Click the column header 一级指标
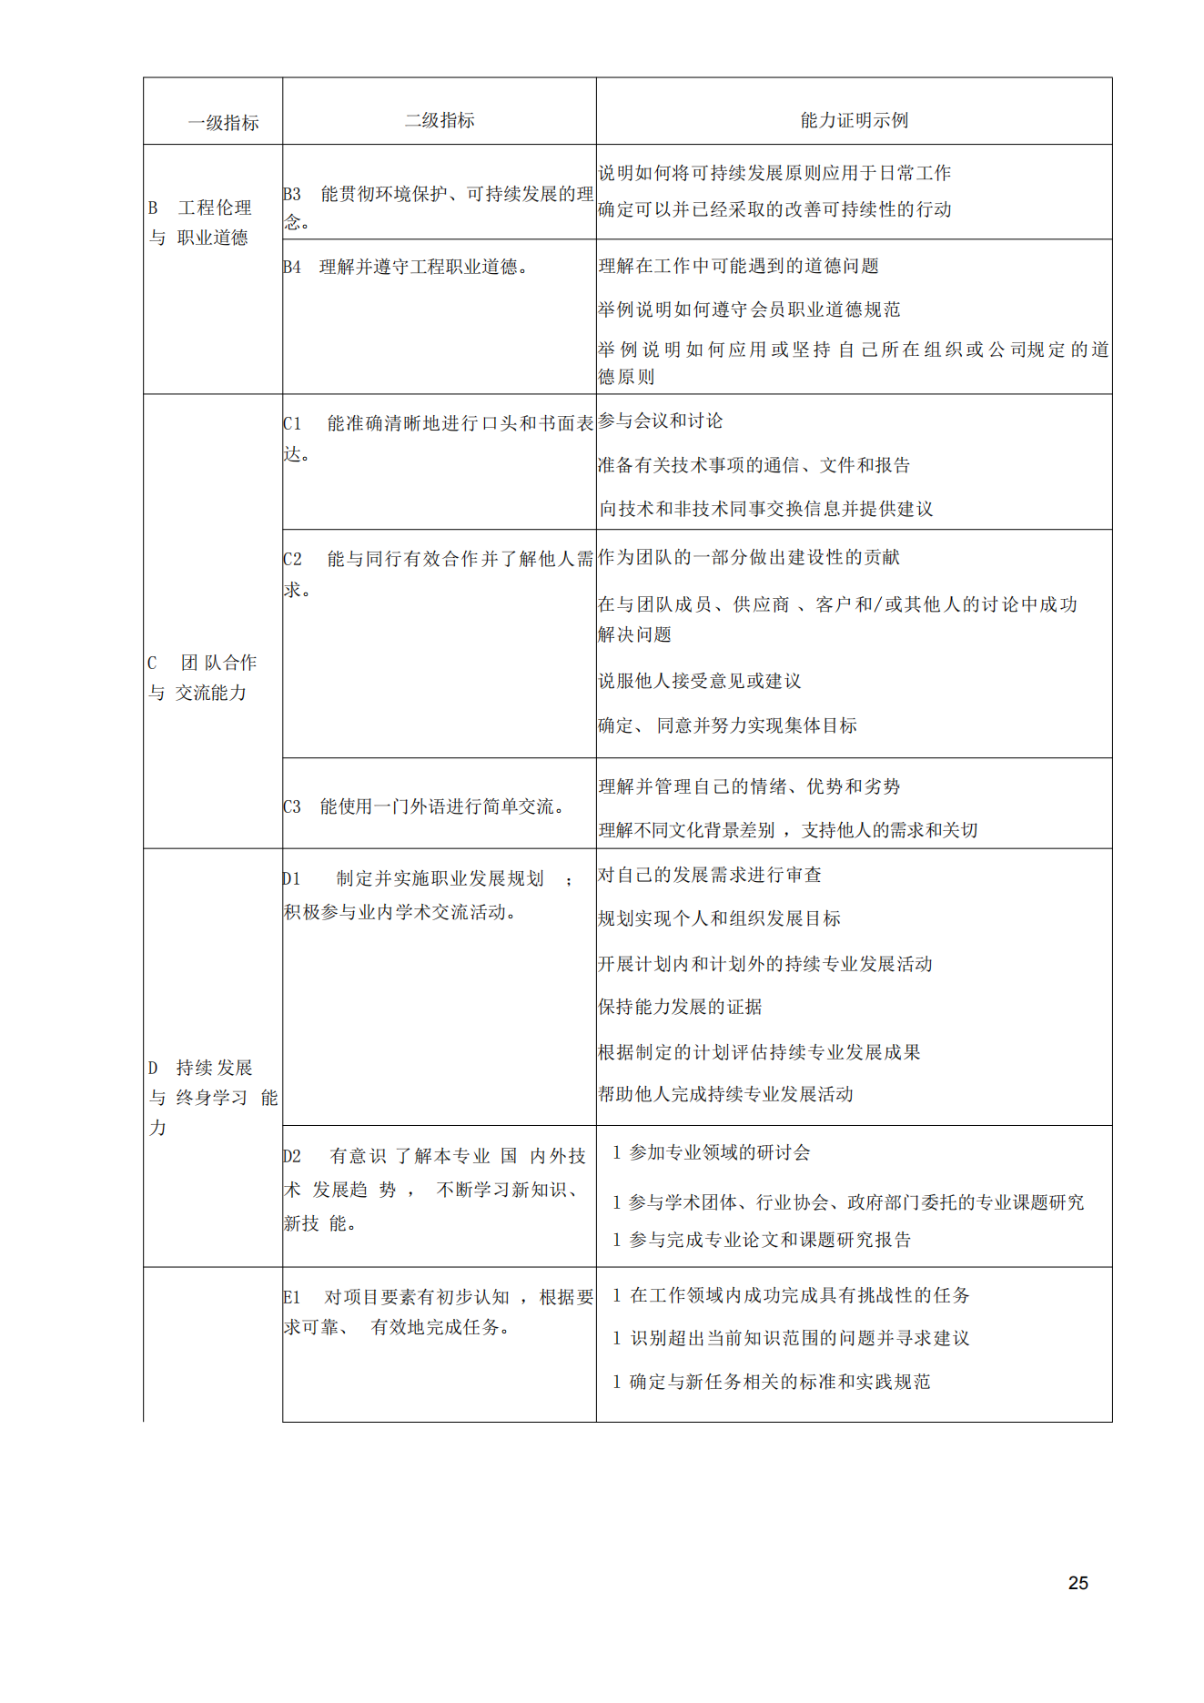pyautogui.click(x=223, y=123)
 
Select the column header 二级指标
pyautogui.click(x=440, y=120)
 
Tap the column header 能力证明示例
pyautogui.click(x=854, y=120)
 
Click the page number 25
pyautogui.click(x=1078, y=1583)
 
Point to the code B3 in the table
pyautogui.click(x=292, y=194)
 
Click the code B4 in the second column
pyautogui.click(x=292, y=267)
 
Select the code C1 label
pyautogui.click(x=292, y=423)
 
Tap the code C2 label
pyautogui.click(x=292, y=559)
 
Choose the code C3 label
pyautogui.click(x=292, y=806)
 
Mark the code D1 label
pyautogui.click(x=291, y=878)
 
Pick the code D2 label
pyautogui.click(x=292, y=1156)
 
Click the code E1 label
pyautogui.click(x=292, y=1297)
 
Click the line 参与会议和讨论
pyautogui.click(x=661, y=421)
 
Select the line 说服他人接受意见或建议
pyautogui.click(x=699, y=681)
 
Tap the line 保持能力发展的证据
pyautogui.click(x=680, y=1007)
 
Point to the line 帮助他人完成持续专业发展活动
pyautogui.click(x=725, y=1094)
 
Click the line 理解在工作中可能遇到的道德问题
pyautogui.click(x=738, y=266)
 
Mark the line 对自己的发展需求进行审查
pyautogui.click(x=710, y=875)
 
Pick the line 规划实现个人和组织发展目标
pyautogui.click(x=719, y=918)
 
